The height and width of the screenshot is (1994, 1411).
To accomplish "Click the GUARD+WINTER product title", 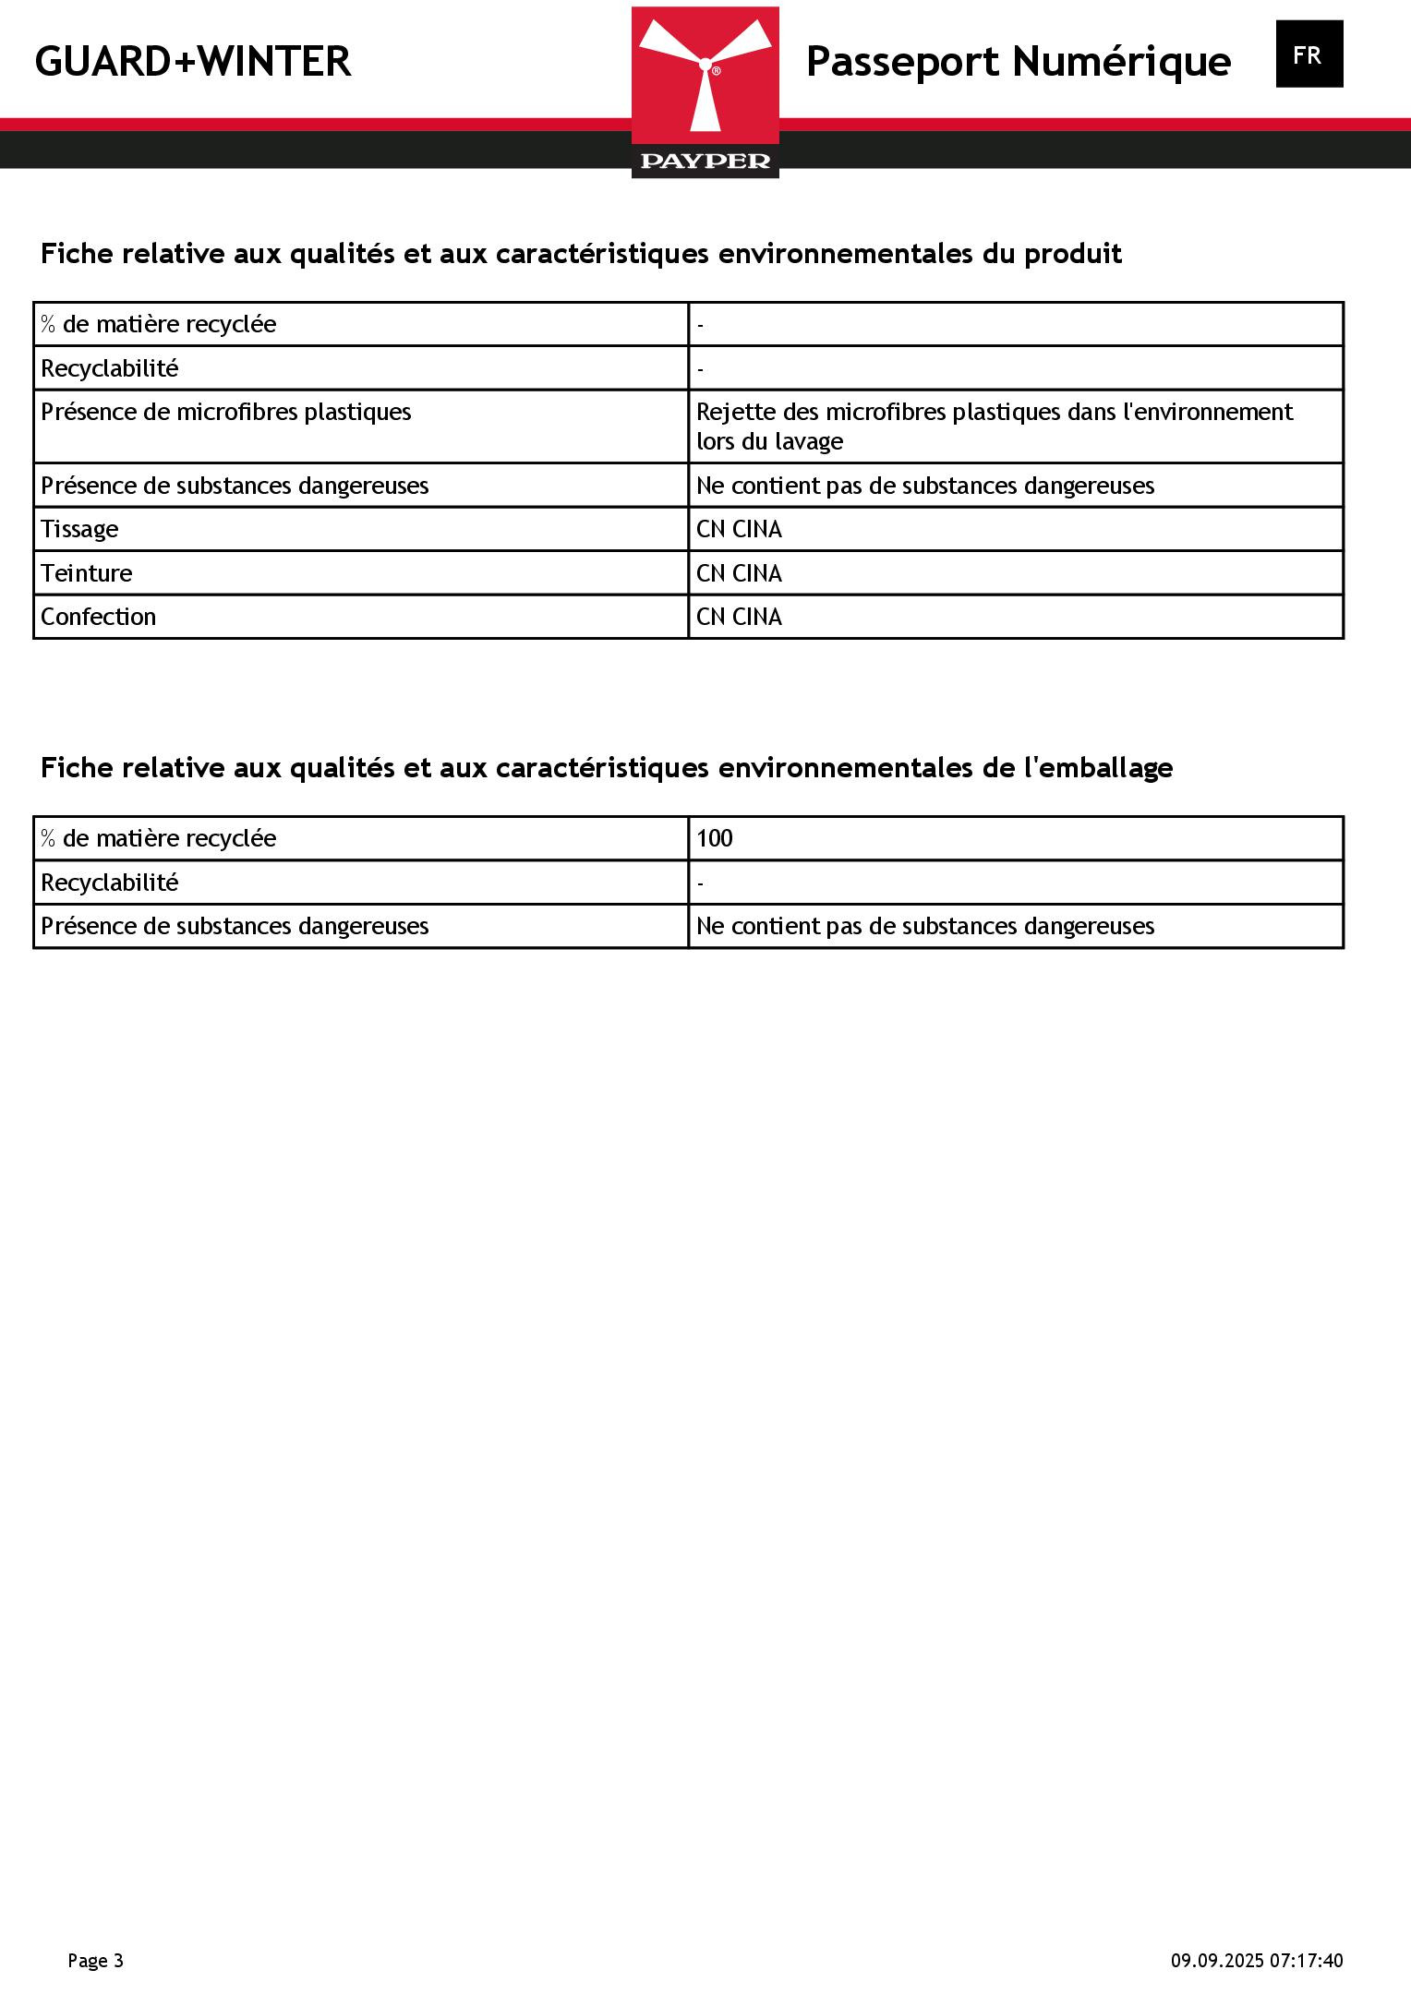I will pos(193,62).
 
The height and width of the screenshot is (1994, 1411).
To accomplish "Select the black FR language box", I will pos(1308,54).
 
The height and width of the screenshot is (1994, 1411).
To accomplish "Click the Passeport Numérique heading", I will pos(1018,62).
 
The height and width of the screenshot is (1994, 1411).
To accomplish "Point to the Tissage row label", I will pos(79,529).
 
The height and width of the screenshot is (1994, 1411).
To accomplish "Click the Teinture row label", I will pos(87,573).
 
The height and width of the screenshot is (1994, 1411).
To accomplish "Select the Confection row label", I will pos(98,617).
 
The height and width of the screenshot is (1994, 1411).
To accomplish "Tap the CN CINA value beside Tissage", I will pos(739,529).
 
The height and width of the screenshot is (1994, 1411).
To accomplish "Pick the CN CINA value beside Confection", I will pos(739,617).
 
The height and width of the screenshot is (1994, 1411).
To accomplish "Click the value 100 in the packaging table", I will pos(715,838).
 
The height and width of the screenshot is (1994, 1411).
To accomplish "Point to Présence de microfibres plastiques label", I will pos(226,412).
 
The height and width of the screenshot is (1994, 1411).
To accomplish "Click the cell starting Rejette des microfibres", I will pos(994,426).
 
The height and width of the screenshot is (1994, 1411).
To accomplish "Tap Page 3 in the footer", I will pos(95,1961).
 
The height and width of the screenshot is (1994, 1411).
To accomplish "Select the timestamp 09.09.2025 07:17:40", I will pos(1257,1961).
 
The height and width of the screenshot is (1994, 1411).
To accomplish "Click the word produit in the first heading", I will pos(1072,254).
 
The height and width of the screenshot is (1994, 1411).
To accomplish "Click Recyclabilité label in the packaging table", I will pos(110,883).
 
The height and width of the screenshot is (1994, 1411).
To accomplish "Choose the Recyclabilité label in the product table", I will pos(110,368).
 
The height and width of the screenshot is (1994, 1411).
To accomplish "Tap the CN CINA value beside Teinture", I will pos(739,573).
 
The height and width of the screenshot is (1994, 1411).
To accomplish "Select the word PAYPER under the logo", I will pos(705,162).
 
